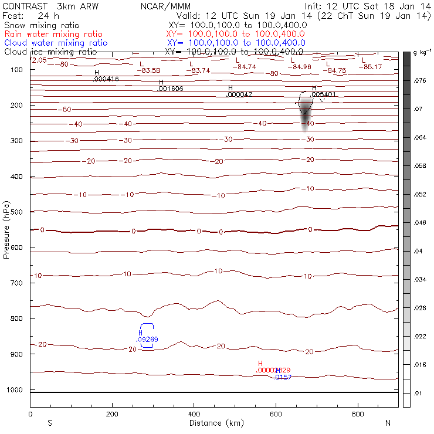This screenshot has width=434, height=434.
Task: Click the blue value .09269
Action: [147, 339]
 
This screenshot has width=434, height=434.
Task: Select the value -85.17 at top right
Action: [374, 67]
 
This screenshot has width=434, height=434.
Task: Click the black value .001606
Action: [171, 89]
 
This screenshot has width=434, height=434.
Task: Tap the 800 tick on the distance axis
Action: [357, 414]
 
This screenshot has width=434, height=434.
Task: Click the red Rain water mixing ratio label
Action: [53, 35]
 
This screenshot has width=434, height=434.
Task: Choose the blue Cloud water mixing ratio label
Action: [56, 43]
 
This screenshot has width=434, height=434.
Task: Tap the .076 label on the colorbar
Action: [420, 82]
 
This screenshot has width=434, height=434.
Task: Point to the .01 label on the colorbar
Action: [418, 393]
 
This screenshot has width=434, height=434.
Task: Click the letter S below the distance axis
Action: [49, 423]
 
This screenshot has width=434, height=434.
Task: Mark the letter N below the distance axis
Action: [388, 423]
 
